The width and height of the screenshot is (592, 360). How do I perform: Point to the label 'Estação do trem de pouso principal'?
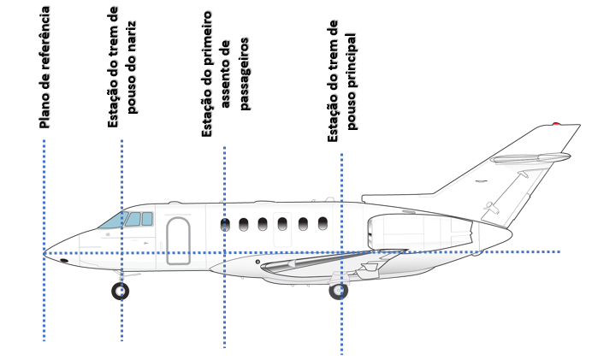[342, 82]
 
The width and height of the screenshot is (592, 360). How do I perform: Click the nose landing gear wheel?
[121, 291]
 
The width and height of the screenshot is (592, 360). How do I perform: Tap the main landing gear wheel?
[339, 290]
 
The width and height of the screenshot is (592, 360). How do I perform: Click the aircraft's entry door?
[179, 240]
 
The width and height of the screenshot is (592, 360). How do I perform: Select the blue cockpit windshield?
[112, 220]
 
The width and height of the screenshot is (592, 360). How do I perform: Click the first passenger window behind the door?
[225, 225]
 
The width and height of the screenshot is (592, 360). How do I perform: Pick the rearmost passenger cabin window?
[323, 224]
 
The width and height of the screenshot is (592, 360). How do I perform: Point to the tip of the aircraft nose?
[44, 252]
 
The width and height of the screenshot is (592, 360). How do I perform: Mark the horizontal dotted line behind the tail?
[539, 251]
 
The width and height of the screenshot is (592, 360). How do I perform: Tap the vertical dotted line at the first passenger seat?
[224, 316]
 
